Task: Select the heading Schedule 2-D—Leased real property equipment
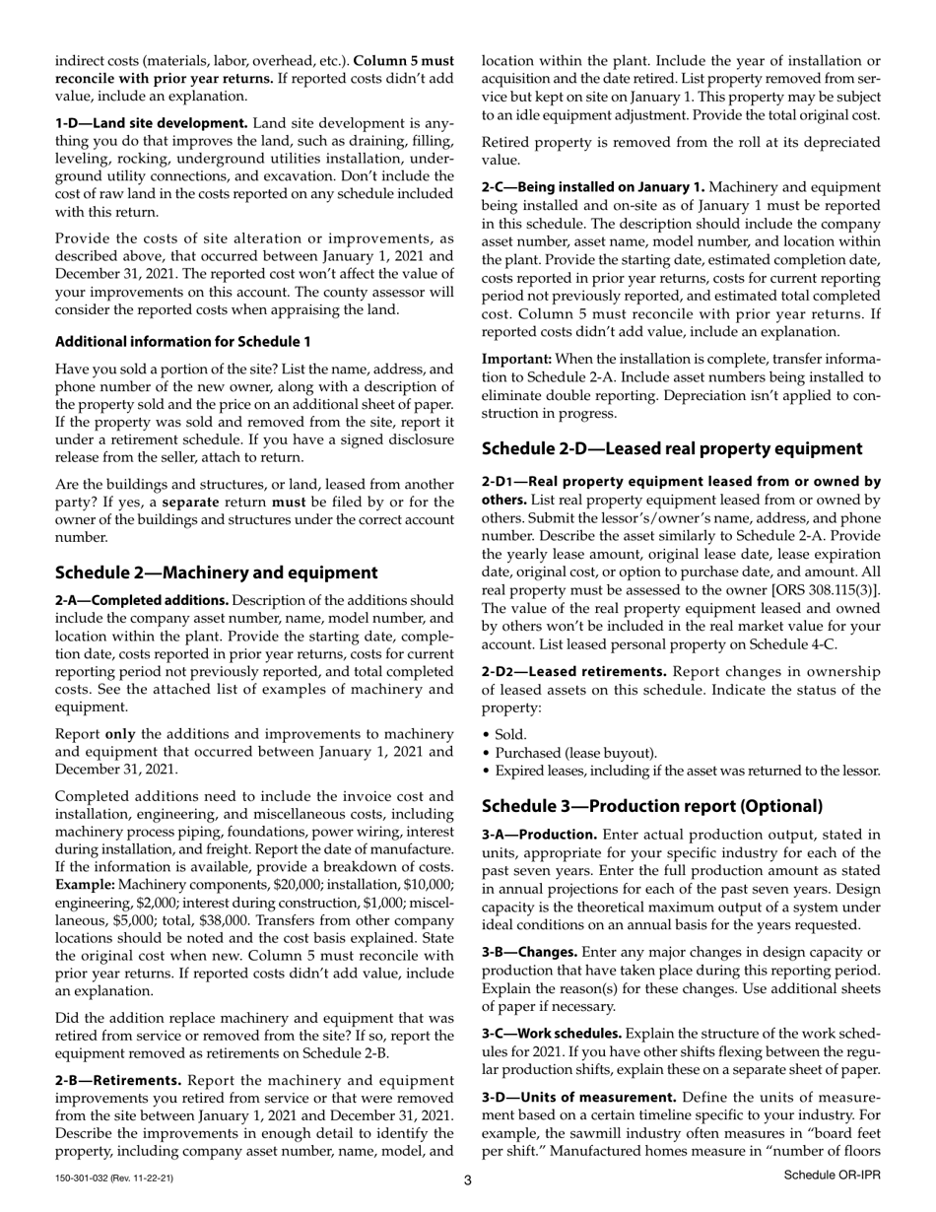672,448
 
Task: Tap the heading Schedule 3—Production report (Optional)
652,806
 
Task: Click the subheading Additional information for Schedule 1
182,341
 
